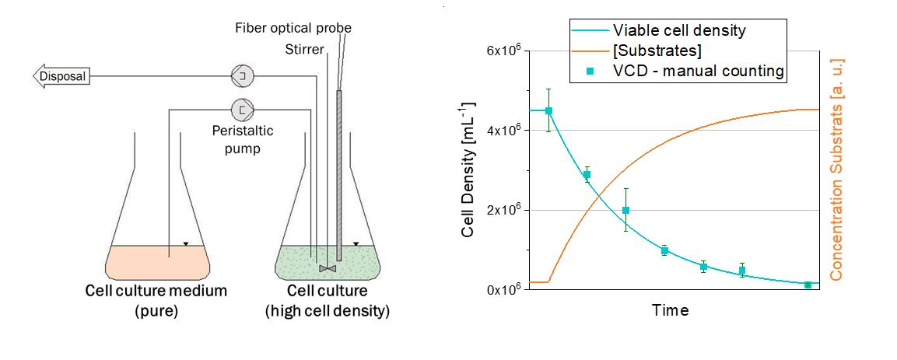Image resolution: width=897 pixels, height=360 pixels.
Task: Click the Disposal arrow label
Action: pyautogui.click(x=61, y=76)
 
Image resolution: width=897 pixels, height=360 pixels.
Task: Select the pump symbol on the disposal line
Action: pyautogui.click(x=243, y=76)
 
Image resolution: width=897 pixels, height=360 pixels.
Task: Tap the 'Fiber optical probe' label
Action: pyautogui.click(x=293, y=28)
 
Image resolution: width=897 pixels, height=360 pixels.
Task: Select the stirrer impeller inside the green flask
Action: pyautogui.click(x=328, y=268)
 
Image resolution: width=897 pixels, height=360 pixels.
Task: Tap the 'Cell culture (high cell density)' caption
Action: pyautogui.click(x=327, y=301)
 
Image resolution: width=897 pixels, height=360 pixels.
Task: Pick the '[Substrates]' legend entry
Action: pyautogui.click(x=657, y=51)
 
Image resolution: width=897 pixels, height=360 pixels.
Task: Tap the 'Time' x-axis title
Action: pyautogui.click(x=671, y=310)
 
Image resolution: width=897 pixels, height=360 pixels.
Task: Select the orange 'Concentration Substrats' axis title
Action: pyautogui.click(x=839, y=170)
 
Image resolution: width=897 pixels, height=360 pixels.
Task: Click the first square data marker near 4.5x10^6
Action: pyautogui.click(x=549, y=110)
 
